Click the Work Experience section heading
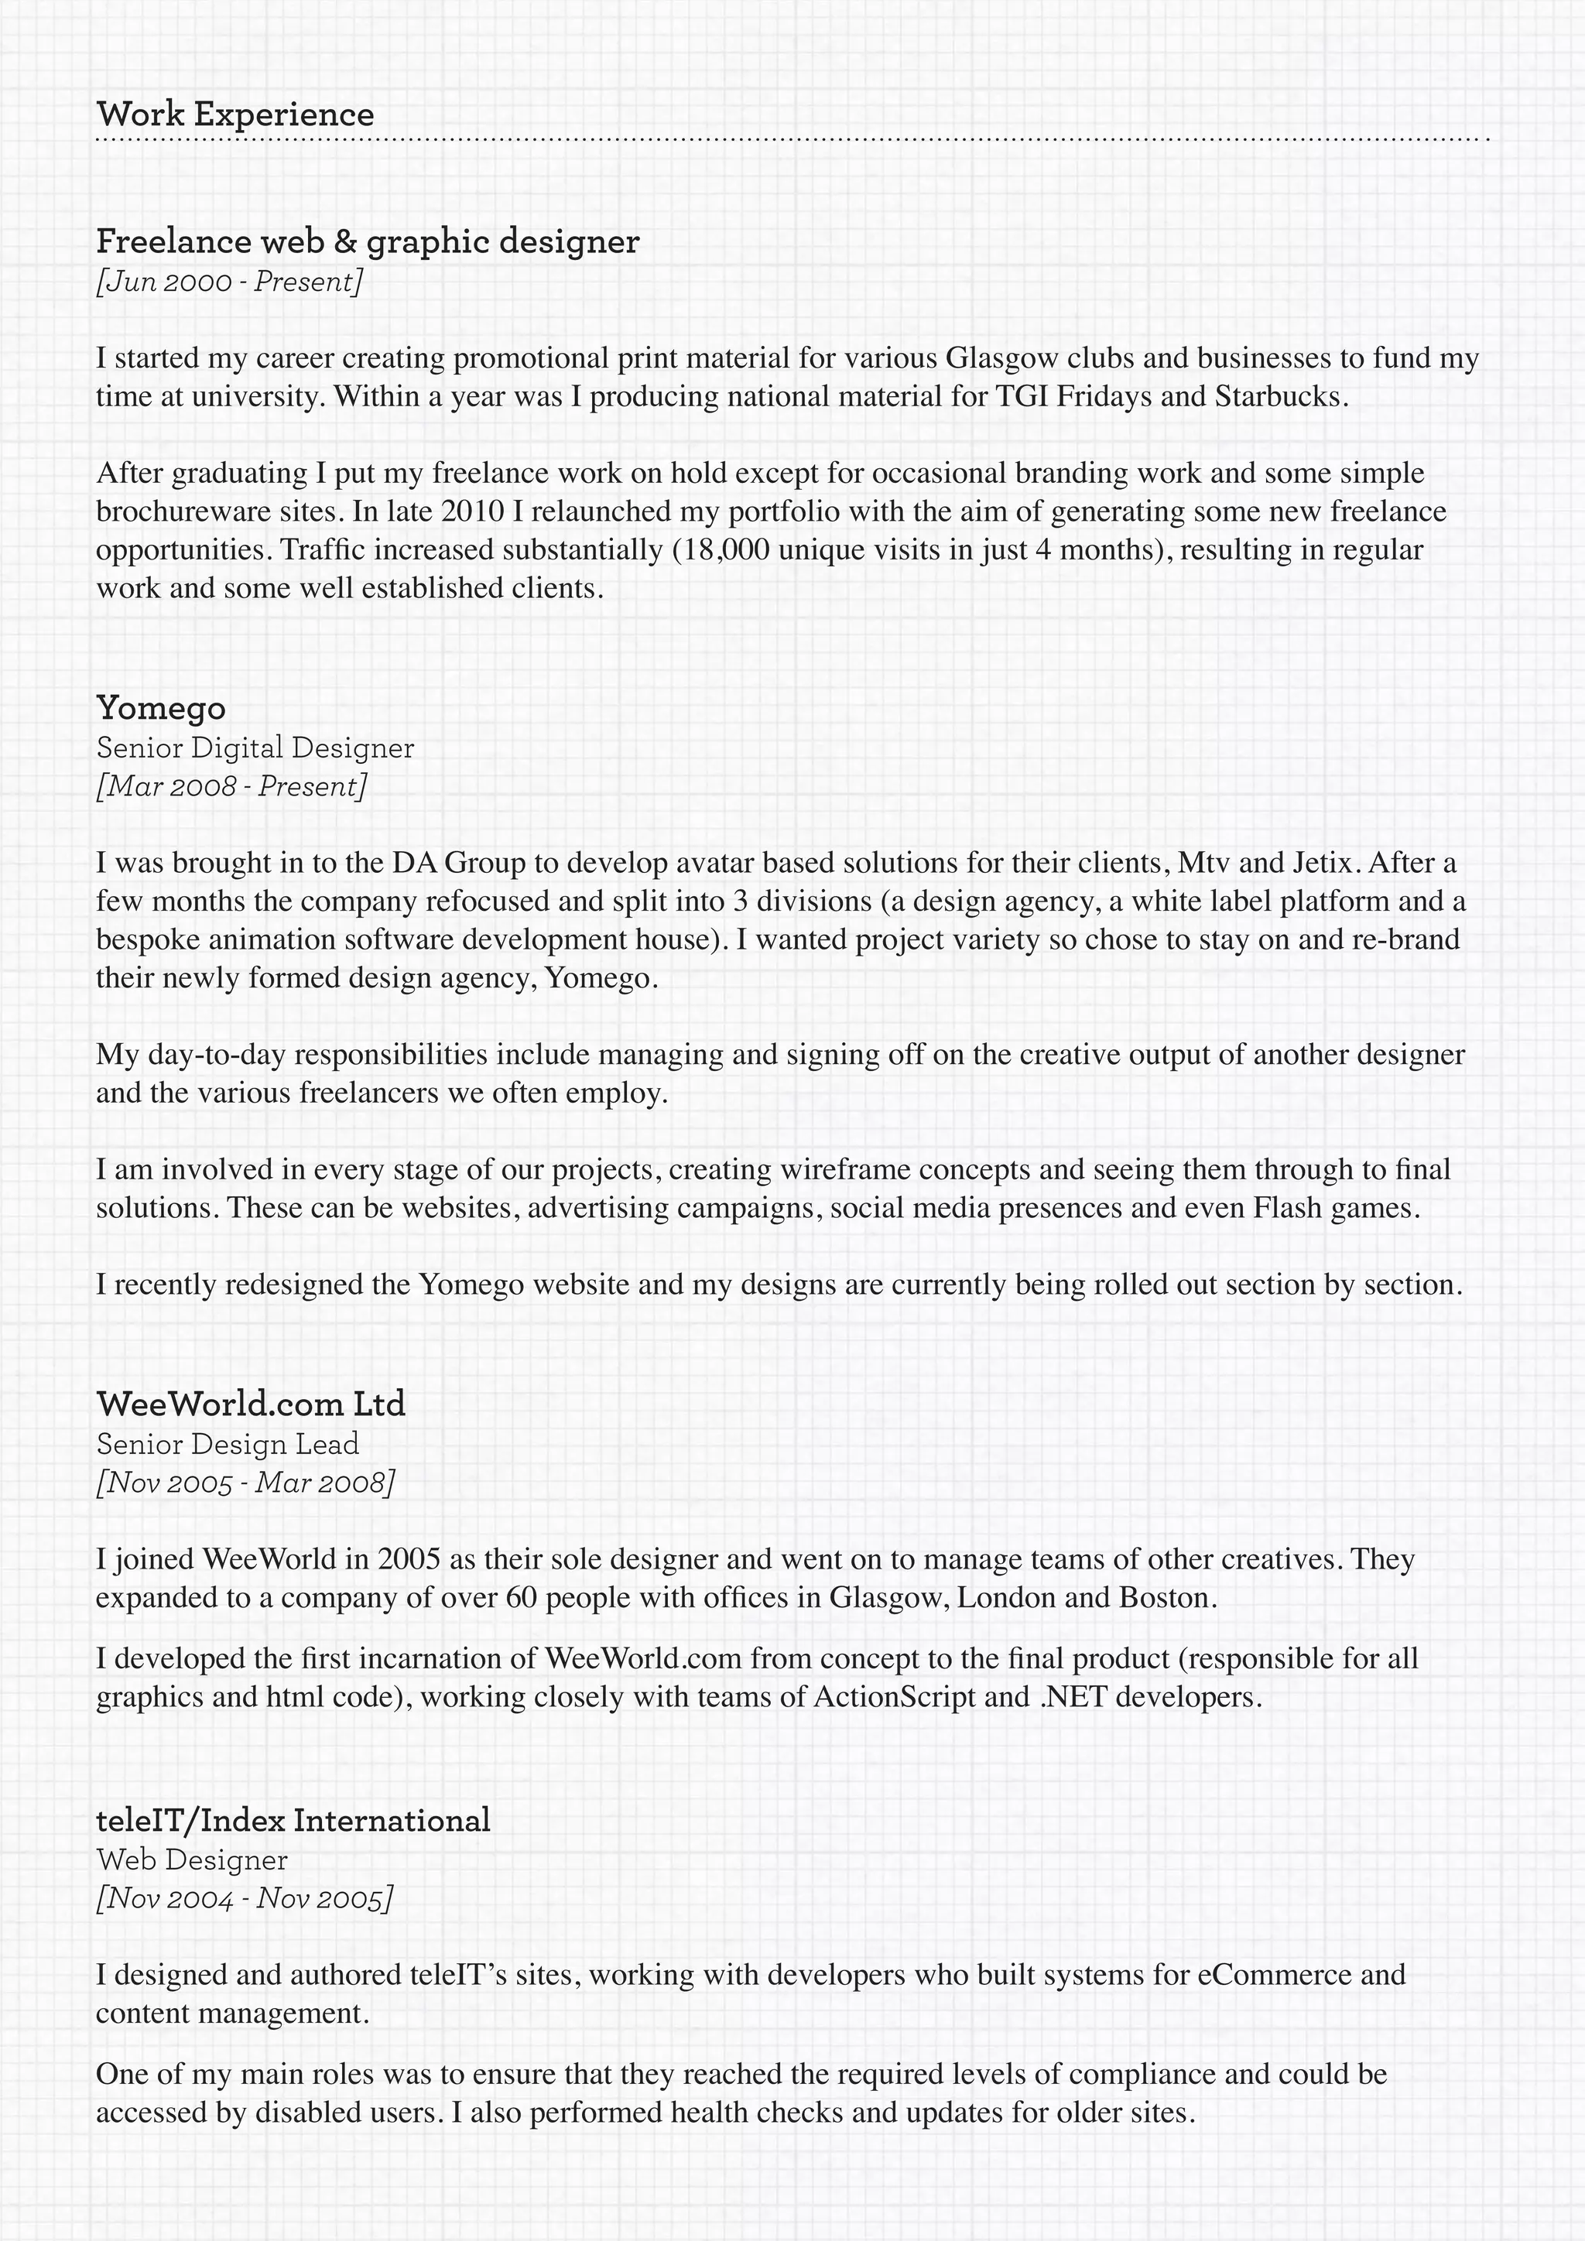[x=235, y=115]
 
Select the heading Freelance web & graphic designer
[x=368, y=241]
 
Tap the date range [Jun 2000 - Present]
[x=229, y=282]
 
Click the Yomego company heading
[x=161, y=707]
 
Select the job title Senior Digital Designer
[x=255, y=748]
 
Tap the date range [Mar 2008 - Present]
[x=231, y=787]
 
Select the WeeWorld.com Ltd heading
[x=251, y=1404]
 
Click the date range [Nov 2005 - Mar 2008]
[x=245, y=1483]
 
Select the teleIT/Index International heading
[x=293, y=1820]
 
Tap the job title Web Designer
[x=191, y=1860]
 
